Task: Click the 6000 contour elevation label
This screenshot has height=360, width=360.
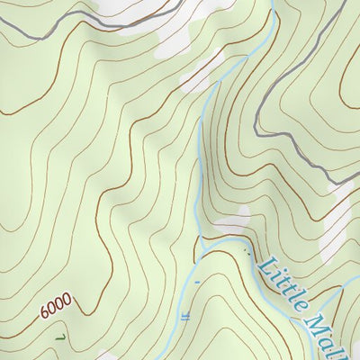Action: click(x=56, y=310)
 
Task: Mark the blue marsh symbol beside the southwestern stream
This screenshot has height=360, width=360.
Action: click(x=185, y=316)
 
